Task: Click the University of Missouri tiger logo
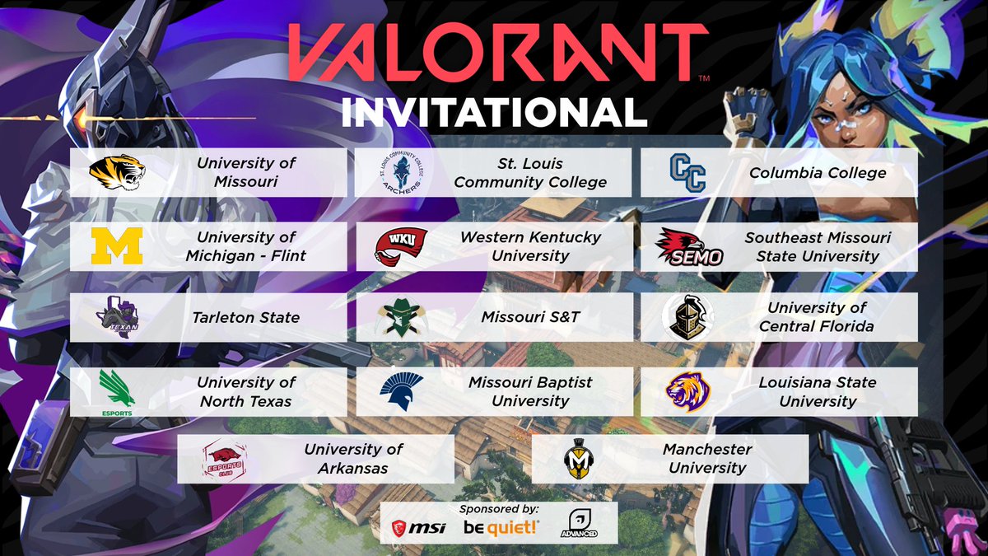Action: [x=118, y=173]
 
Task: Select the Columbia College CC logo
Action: [x=687, y=173]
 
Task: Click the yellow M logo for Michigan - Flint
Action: [x=117, y=246]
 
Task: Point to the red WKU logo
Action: [x=401, y=245]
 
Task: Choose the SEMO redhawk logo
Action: [x=689, y=247]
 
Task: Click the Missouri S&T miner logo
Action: [x=401, y=318]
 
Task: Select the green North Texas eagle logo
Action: [x=116, y=390]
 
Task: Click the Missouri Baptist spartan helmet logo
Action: [x=402, y=390]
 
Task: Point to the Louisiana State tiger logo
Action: [x=687, y=391]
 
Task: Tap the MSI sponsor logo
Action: [x=418, y=526]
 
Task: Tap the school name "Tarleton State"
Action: [x=247, y=317]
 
